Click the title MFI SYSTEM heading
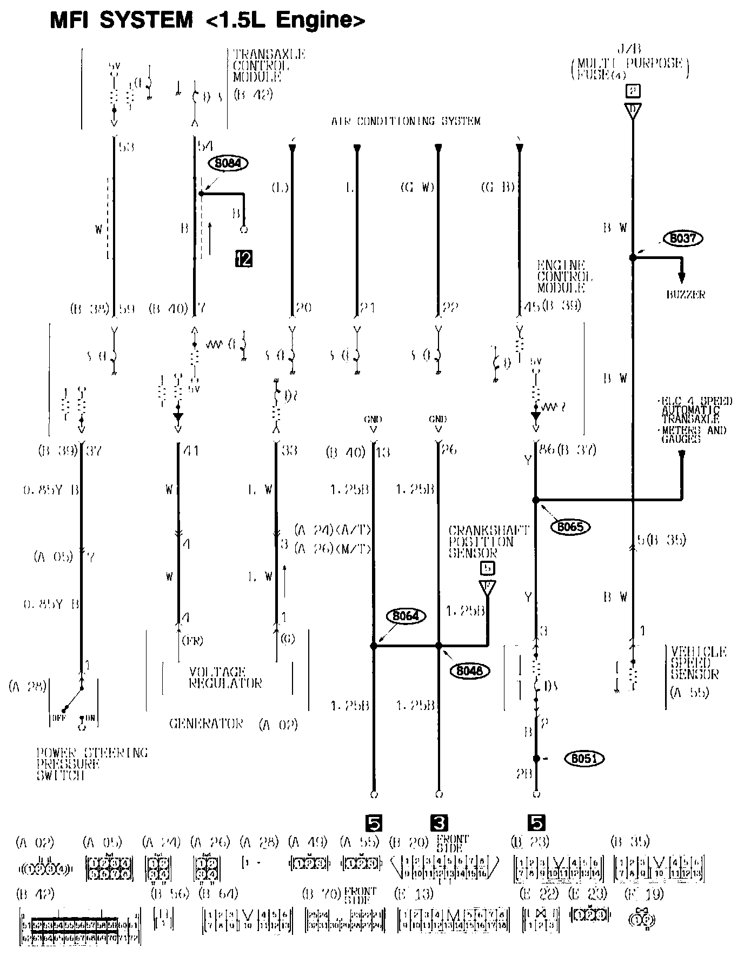point(208,20)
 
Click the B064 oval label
point(406,616)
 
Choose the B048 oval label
point(469,670)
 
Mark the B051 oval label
point(584,759)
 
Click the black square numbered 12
point(244,259)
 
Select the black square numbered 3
point(439,823)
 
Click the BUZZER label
point(685,295)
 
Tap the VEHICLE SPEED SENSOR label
point(698,663)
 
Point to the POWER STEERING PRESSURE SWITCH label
point(92,764)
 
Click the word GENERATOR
point(206,723)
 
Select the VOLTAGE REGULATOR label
point(225,677)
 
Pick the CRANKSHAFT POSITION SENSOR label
point(481,541)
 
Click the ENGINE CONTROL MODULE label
point(564,276)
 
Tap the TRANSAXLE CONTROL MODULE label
point(269,65)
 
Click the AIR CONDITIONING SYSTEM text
point(406,121)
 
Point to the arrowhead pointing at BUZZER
point(682,277)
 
